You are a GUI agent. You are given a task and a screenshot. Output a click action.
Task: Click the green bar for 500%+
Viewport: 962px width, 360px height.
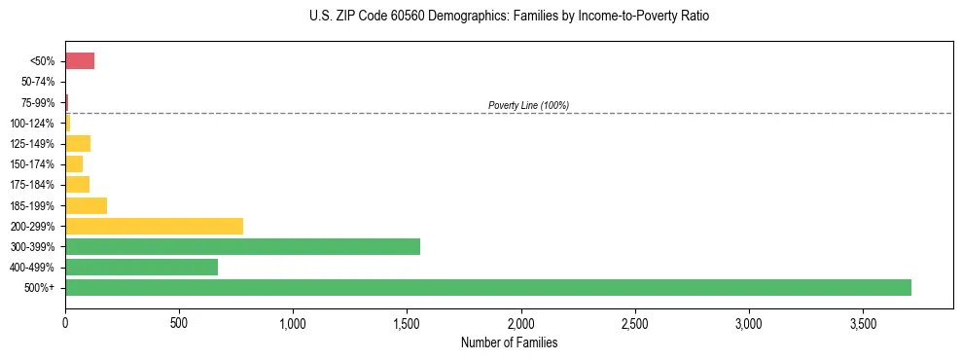tap(487, 287)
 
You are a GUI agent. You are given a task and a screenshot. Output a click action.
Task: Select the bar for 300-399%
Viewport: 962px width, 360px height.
tap(242, 246)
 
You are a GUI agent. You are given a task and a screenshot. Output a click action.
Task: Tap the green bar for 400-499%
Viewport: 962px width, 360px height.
tap(141, 267)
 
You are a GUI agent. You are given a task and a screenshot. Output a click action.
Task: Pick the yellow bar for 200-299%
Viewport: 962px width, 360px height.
tap(154, 226)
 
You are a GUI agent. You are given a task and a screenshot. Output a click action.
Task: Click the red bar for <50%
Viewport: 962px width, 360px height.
tap(80, 61)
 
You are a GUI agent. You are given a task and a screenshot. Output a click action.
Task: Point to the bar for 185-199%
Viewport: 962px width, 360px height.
tap(86, 205)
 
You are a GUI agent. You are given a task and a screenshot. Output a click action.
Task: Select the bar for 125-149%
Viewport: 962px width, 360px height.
tap(78, 144)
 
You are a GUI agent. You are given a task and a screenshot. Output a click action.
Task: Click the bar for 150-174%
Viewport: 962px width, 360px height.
tap(74, 164)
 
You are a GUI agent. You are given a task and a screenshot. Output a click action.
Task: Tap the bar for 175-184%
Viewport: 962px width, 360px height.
tap(77, 185)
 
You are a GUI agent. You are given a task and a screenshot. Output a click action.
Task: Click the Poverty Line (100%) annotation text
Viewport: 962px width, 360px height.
tap(528, 105)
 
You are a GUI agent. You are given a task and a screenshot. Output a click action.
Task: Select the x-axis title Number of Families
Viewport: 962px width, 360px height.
tap(509, 342)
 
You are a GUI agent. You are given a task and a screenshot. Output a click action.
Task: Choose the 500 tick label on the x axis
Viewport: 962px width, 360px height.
tap(179, 322)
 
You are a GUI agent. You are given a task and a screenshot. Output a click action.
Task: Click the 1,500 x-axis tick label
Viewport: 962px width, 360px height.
tap(407, 322)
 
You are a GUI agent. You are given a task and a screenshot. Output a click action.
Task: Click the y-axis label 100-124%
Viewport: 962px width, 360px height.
tap(33, 124)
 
